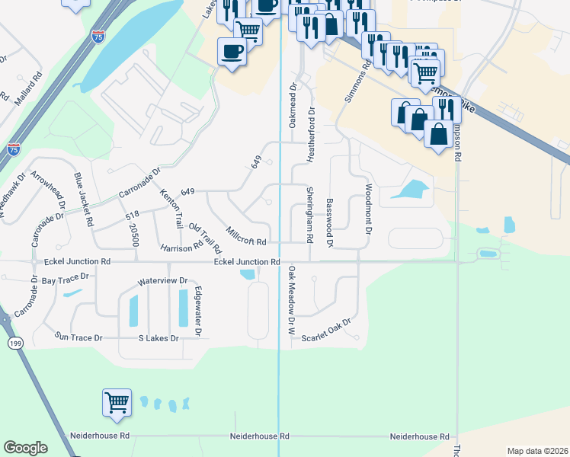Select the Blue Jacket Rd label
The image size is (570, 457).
click(83, 200)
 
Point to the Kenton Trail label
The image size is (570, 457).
click(171, 205)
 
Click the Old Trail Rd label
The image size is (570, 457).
click(205, 238)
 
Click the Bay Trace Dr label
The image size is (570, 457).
click(66, 280)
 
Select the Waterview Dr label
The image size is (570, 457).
click(162, 281)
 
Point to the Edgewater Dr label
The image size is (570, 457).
click(197, 310)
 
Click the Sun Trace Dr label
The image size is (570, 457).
click(78, 336)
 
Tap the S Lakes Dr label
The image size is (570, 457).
click(158, 337)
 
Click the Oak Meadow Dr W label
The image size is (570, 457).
click(290, 300)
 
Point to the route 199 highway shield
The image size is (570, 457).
click(14, 344)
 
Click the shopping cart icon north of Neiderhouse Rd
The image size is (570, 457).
click(117, 402)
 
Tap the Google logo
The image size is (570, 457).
click(25, 447)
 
